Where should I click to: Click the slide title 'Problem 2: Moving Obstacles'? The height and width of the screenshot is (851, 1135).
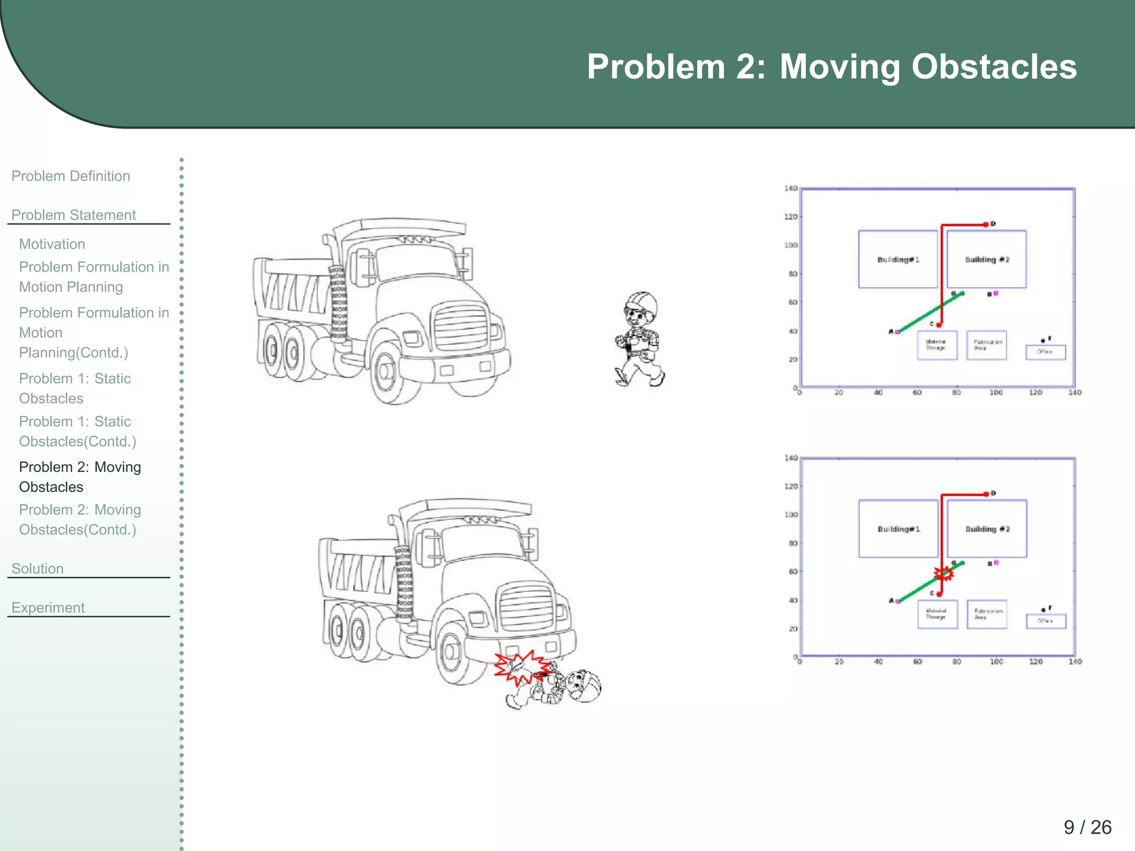(831, 67)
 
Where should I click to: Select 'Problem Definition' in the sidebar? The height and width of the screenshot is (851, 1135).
(71, 176)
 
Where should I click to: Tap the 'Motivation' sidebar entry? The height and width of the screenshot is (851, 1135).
(52, 244)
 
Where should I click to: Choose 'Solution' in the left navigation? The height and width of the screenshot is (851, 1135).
(38, 568)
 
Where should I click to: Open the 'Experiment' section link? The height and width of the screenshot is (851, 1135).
(48, 608)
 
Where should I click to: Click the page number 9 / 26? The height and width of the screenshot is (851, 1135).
(1087, 827)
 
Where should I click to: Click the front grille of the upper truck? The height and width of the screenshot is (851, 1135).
(460, 327)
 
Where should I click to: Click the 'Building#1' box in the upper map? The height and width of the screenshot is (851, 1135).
(898, 259)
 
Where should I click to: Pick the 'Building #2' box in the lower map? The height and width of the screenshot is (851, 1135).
(987, 529)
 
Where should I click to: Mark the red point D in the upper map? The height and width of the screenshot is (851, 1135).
(986, 224)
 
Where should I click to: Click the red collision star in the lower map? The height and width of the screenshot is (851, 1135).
(943, 573)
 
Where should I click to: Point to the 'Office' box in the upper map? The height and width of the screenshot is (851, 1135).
(1045, 352)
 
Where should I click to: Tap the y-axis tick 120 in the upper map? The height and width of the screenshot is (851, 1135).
(790, 217)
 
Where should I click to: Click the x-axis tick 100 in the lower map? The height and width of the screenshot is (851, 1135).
(996, 662)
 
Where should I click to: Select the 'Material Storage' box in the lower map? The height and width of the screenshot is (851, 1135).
(937, 614)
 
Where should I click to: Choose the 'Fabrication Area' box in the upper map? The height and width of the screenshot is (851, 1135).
(986, 345)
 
